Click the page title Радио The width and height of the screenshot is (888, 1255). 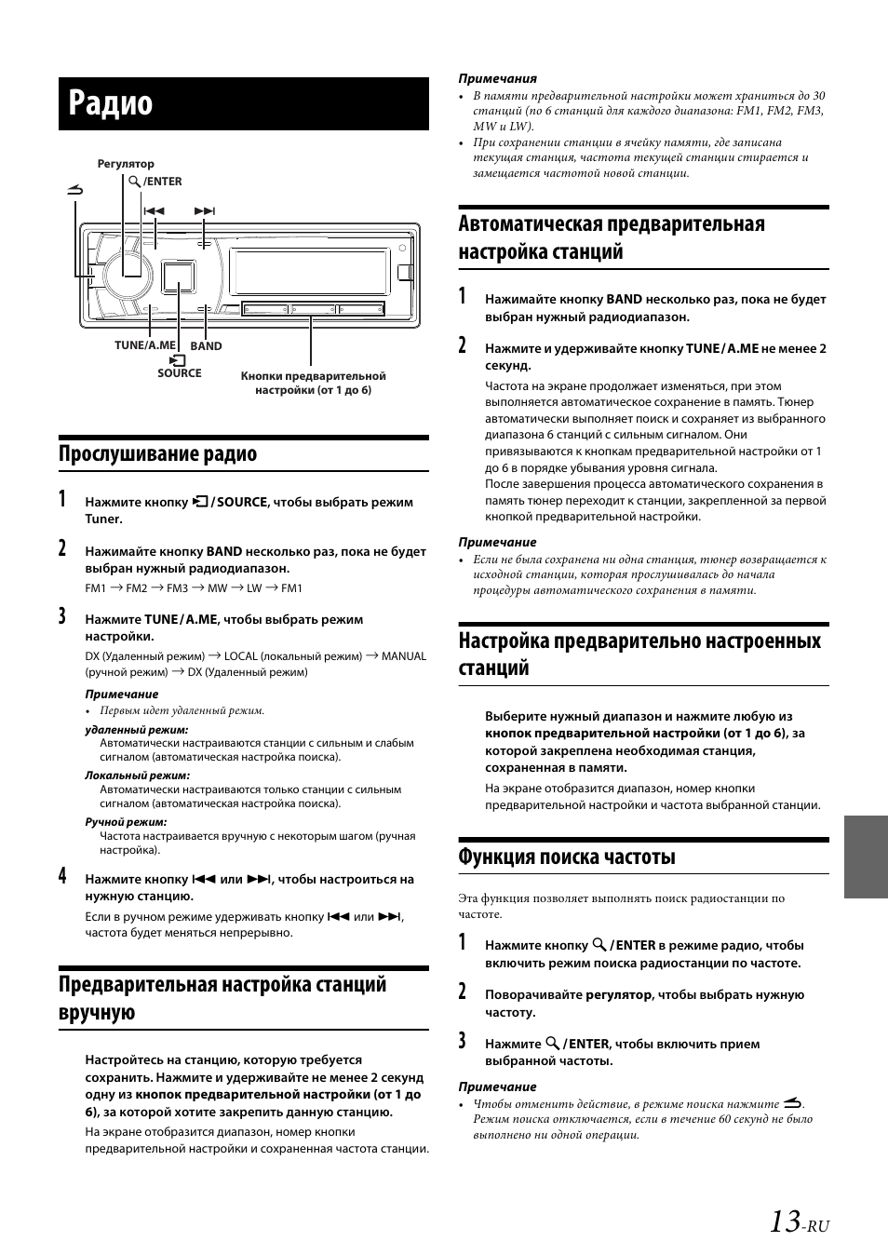(110, 103)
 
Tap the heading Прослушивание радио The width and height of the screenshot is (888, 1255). (157, 454)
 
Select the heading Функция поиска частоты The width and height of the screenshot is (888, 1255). (567, 857)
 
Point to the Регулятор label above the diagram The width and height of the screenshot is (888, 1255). (126, 164)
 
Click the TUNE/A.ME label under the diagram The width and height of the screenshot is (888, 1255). (144, 345)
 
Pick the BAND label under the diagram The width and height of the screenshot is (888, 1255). (206, 346)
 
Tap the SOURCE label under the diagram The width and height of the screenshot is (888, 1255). (179, 373)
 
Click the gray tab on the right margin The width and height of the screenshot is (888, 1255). (866, 857)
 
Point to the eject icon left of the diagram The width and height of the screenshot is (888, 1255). (75, 191)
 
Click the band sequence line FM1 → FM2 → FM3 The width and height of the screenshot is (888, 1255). (193, 588)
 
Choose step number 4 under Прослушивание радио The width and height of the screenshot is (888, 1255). (62, 875)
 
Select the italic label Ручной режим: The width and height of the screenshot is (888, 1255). (126, 822)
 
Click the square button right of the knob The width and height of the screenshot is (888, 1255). (177, 277)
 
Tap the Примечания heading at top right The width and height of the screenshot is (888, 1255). (497, 79)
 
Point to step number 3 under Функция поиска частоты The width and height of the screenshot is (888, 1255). (463, 1041)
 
